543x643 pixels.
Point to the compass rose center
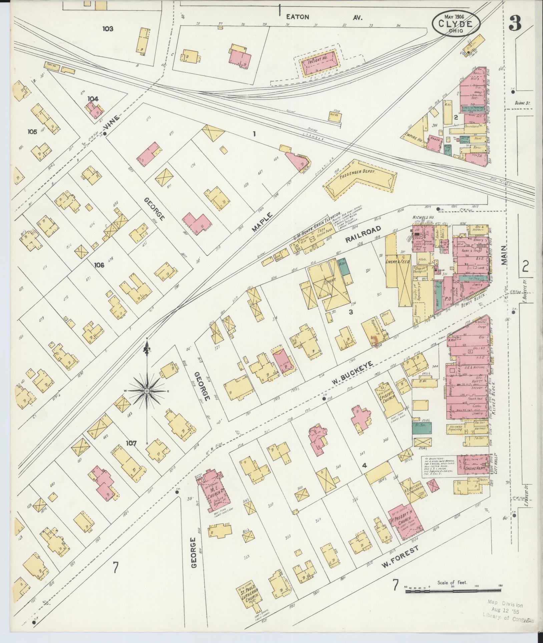point(147,390)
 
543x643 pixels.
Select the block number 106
point(99,265)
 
